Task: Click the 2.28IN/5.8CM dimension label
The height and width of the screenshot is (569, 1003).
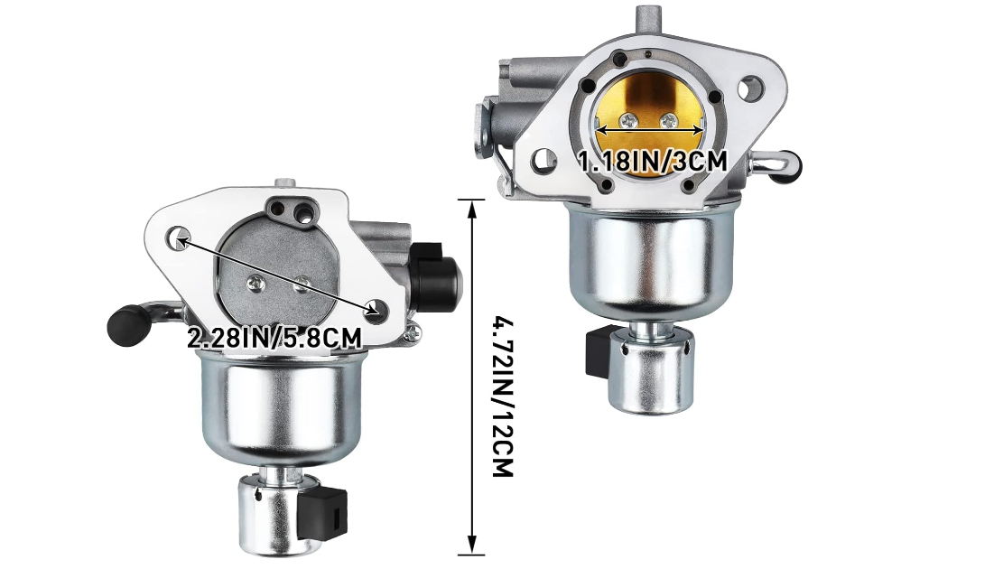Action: click(274, 337)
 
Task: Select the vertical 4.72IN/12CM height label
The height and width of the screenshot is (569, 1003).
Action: click(503, 395)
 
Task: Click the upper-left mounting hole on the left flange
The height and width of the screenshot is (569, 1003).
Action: click(179, 238)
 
